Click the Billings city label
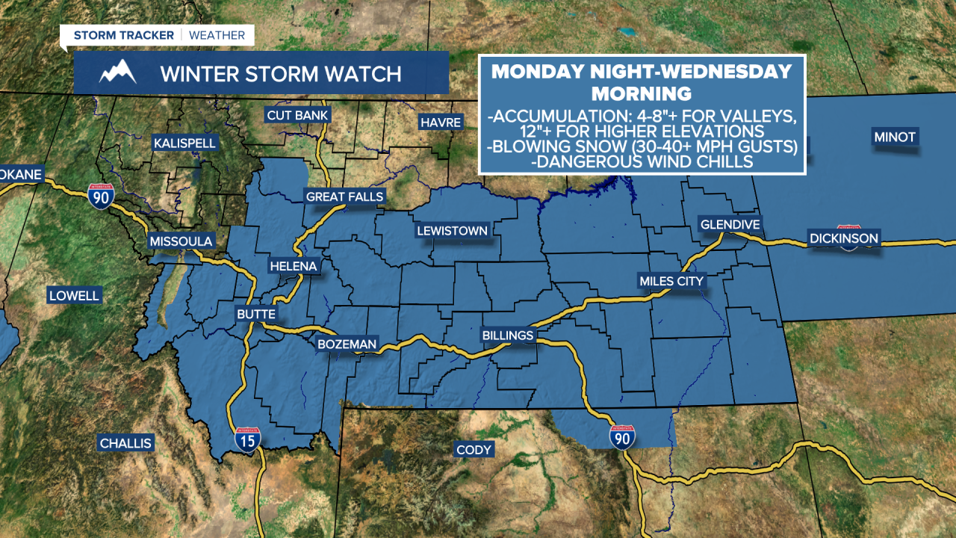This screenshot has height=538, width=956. [x=508, y=336]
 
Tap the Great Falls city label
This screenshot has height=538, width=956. [x=344, y=197]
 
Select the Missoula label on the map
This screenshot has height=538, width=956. [x=181, y=241]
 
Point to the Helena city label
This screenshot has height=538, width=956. [x=294, y=266]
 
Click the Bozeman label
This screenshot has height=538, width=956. [x=347, y=344]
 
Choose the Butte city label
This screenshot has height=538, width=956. [x=256, y=315]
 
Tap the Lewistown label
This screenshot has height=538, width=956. [x=452, y=231]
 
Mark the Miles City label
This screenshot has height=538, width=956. [x=671, y=281]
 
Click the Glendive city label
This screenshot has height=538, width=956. [x=729, y=224]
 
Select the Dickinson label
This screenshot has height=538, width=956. [x=844, y=239]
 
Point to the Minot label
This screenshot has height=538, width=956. [x=895, y=137]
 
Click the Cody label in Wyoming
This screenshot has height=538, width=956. [x=474, y=449]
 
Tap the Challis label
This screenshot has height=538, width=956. [x=125, y=443]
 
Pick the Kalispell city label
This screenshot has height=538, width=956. [x=184, y=143]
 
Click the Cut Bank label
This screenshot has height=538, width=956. [x=298, y=115]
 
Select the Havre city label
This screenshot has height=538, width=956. [x=441, y=122]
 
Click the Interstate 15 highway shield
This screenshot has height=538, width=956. [x=248, y=440]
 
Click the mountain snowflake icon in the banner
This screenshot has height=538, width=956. [x=118, y=73]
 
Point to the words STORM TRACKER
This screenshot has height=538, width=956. [x=123, y=35]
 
